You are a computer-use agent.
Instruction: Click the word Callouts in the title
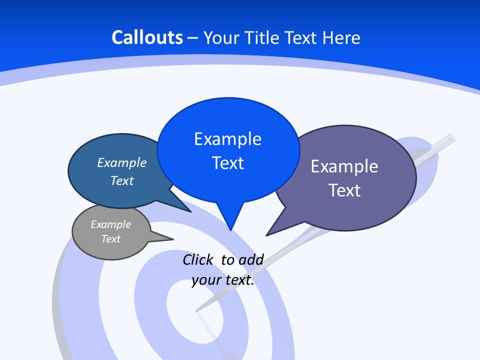[x=147, y=38]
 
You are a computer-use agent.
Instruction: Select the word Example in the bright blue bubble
[x=227, y=139]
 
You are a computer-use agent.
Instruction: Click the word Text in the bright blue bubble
[x=227, y=163]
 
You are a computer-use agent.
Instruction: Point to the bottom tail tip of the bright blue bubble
[x=230, y=229]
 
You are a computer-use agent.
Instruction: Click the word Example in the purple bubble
[x=344, y=166]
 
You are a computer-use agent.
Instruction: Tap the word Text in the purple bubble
[x=344, y=190]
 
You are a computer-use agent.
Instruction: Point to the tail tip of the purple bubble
[x=267, y=235]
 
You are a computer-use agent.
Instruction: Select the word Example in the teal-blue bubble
[x=121, y=163]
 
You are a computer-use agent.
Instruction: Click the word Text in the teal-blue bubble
[x=121, y=180]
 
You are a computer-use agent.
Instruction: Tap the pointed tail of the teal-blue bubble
[x=190, y=211]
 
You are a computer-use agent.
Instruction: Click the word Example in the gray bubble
[x=110, y=224]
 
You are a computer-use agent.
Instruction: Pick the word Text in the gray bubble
[x=110, y=239]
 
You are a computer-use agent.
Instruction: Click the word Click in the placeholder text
[x=197, y=260]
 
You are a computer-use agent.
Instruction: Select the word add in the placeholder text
[x=251, y=260]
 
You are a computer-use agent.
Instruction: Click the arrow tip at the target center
[x=196, y=310]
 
